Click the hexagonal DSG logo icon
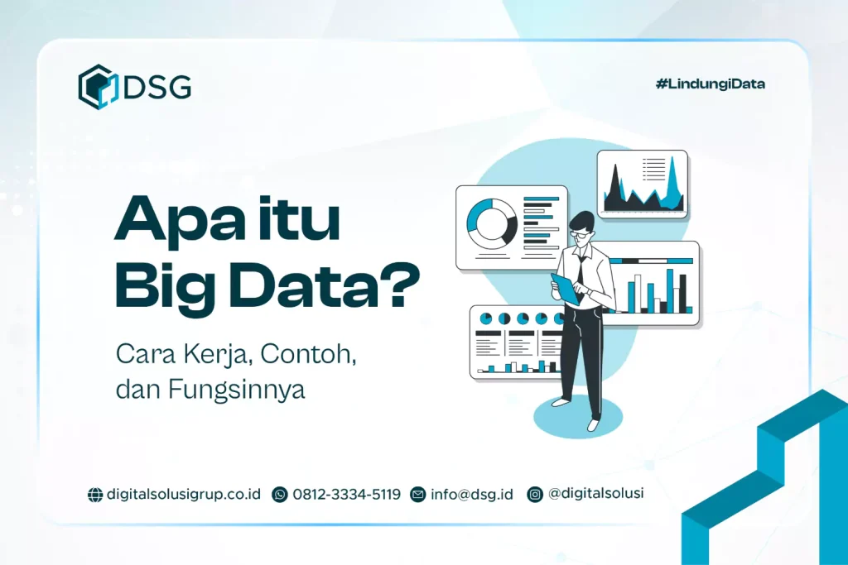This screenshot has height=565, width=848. tap(97, 87)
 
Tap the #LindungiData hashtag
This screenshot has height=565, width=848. tap(710, 84)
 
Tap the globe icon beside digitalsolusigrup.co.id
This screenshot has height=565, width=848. tap(95, 495)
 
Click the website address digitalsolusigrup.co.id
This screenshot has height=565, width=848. tap(184, 495)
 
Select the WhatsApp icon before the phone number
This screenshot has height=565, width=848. tap(280, 495)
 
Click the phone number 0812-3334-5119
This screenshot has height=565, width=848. tap(346, 495)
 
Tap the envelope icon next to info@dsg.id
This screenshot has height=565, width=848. tap(418, 495)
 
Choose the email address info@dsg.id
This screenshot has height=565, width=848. tap(471, 495)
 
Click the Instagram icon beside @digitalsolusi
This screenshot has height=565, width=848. tap(536, 494)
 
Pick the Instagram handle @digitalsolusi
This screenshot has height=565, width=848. tap(595, 494)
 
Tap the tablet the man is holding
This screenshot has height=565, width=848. tap(566, 289)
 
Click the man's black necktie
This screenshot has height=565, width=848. tap(583, 268)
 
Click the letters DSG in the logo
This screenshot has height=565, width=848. tap(157, 87)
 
